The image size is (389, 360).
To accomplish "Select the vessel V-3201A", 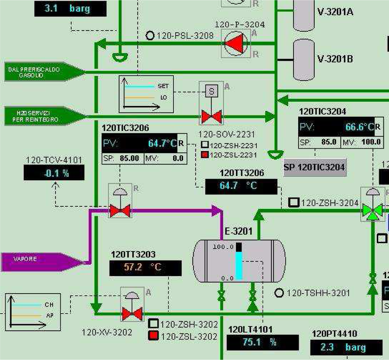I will pyautogui.click(x=304, y=15).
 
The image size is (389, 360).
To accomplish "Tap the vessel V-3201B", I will pyautogui.click(x=304, y=60).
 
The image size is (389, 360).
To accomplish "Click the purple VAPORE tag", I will pyautogui.click(x=39, y=262).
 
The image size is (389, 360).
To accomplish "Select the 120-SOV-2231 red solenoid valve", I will pyautogui.click(x=211, y=116).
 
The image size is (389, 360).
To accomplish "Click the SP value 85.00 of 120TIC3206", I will pyautogui.click(x=129, y=158).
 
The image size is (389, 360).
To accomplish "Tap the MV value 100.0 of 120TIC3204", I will pyautogui.click(x=371, y=142).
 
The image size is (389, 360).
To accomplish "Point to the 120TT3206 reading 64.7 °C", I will pyautogui.click(x=241, y=186).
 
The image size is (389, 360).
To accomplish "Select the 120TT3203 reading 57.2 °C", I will pyautogui.click(x=145, y=268).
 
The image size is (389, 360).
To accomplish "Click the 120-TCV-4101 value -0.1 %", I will pyautogui.click(x=54, y=173).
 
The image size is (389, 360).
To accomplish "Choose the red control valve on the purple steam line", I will pyautogui.click(x=120, y=211).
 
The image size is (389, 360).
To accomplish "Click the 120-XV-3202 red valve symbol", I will pyautogui.click(x=132, y=314).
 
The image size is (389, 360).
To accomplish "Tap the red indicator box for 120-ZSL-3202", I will pyautogui.click(x=153, y=336).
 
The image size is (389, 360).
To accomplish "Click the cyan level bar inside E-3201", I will pyautogui.click(x=239, y=265).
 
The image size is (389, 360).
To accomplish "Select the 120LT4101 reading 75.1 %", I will pyautogui.click(x=262, y=342).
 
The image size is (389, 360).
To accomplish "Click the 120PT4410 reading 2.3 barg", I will pyautogui.click(x=346, y=347).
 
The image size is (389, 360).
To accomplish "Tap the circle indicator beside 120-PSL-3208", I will pyautogui.click(x=150, y=36).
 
